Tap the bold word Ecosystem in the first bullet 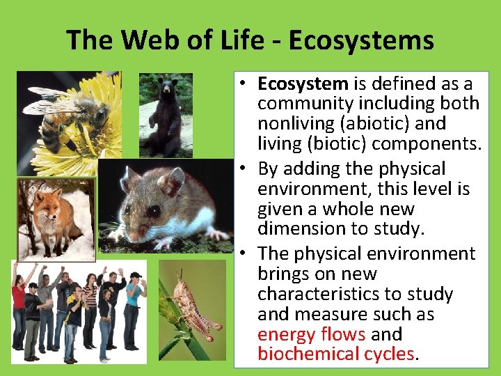(x=303, y=84)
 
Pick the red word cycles (x=389, y=354)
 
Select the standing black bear (x=166, y=115)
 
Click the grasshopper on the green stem (x=191, y=306)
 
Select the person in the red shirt (x=19, y=306)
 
